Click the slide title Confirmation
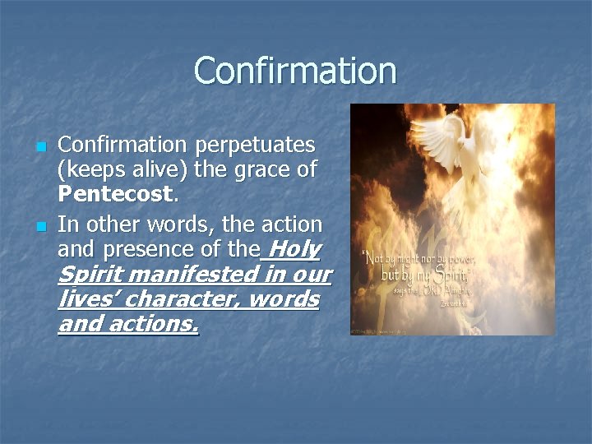pyautogui.click(x=295, y=71)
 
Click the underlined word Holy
pyautogui.click(x=294, y=248)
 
